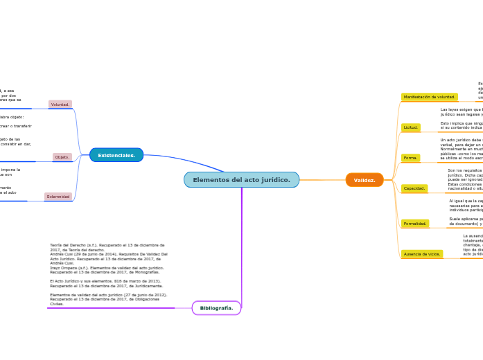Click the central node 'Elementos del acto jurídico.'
coord(241,180)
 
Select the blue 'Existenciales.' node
coord(116,155)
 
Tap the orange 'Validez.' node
coord(365,180)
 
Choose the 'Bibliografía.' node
coord(216,308)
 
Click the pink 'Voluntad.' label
coord(60,105)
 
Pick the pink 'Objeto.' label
coord(62,157)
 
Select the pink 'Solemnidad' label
coord(58,197)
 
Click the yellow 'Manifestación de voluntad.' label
coord(430,97)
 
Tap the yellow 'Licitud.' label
coord(411,127)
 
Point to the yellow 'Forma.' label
coord(411,158)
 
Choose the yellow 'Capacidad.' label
coord(414,188)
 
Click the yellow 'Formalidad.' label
coord(416,224)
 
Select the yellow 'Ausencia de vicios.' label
coord(422,254)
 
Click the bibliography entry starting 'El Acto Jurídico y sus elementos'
coord(106,283)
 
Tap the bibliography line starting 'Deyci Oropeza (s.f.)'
coord(107,269)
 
